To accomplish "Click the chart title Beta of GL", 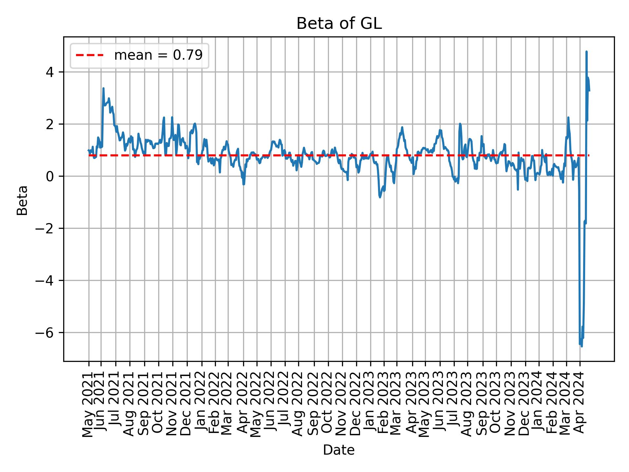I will [x=339, y=24].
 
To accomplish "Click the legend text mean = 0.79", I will [x=158, y=55].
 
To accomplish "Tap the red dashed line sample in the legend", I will [x=89, y=55].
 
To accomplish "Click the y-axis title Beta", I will [x=22, y=200].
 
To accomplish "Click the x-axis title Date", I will [x=339, y=450].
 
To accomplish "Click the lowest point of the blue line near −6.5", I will [x=581, y=346].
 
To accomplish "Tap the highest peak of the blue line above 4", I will [x=586, y=52].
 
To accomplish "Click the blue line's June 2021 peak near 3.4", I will [x=104, y=88].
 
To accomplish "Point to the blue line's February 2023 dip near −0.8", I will [x=380, y=197].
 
